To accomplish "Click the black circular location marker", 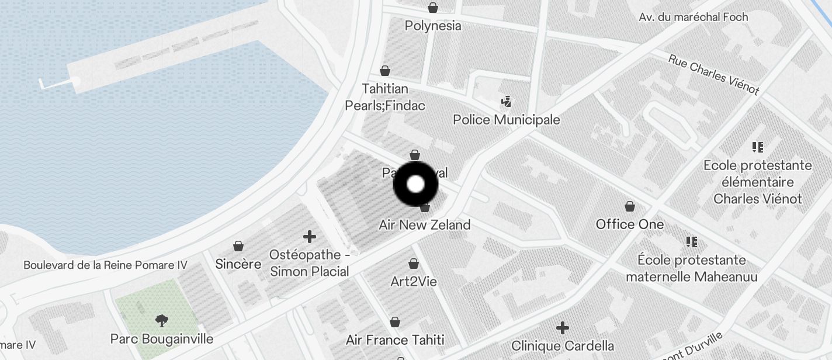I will tap(415, 185).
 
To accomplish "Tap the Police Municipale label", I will tap(507, 120).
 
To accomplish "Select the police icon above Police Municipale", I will tap(506, 102).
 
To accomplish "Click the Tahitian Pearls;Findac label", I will tap(385, 98).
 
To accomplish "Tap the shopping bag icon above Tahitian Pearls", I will tap(385, 71).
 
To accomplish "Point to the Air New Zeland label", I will tap(425, 225).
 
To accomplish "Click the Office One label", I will tap(630, 224).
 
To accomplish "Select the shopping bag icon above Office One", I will tap(630, 206).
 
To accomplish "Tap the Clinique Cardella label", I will tap(563, 346).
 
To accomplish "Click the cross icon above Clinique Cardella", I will tap(563, 328).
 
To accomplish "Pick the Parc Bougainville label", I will tap(162, 339).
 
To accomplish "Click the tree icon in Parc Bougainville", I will tap(162, 320).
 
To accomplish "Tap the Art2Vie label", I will tap(414, 282).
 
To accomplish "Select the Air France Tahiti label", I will tap(395, 340).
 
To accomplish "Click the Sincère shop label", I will tap(238, 264).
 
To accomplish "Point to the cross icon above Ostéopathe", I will tap(310, 237).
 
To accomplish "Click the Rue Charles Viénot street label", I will tap(713, 75).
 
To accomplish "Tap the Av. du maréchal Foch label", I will tap(694, 17).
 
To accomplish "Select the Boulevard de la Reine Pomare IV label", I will tap(105, 265).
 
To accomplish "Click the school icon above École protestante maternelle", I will tap(692, 241).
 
